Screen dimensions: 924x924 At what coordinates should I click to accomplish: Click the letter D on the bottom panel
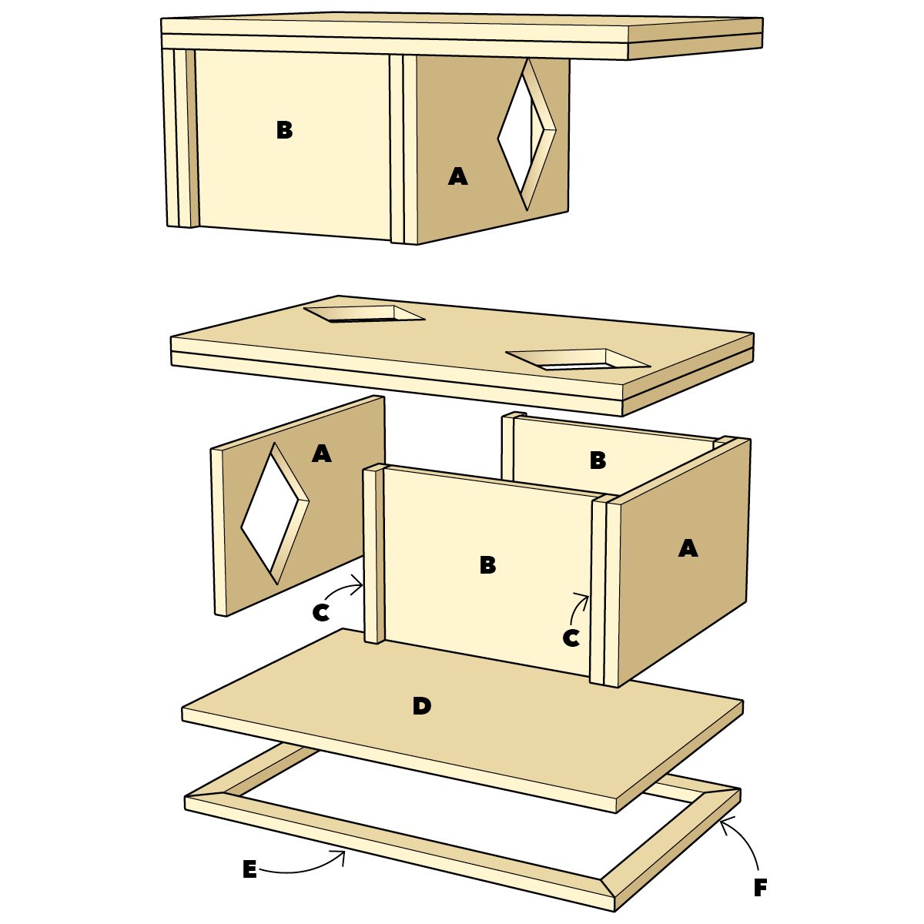pyautogui.click(x=421, y=706)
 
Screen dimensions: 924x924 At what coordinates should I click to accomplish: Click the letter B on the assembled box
pyautogui.click(x=284, y=130)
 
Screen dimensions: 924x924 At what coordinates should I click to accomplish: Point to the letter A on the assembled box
pyautogui.click(x=458, y=176)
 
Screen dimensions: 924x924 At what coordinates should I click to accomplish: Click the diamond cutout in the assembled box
pyautogui.click(x=527, y=135)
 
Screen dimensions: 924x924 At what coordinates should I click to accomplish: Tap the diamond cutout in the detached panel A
pyautogui.click(x=275, y=513)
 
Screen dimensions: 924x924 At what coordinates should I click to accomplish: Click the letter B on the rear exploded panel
pyautogui.click(x=598, y=460)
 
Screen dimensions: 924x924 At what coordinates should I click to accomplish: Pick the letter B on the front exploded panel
pyautogui.click(x=487, y=565)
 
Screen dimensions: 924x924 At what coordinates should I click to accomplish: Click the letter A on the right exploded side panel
pyautogui.click(x=688, y=547)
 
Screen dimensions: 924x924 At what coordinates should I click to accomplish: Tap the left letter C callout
pyautogui.click(x=321, y=612)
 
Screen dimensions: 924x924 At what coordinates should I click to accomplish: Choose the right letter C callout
pyautogui.click(x=571, y=638)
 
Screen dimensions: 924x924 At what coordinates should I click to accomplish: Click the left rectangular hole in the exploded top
pyautogui.click(x=364, y=313)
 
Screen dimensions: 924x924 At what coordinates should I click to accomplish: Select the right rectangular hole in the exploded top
pyautogui.click(x=577, y=359)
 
